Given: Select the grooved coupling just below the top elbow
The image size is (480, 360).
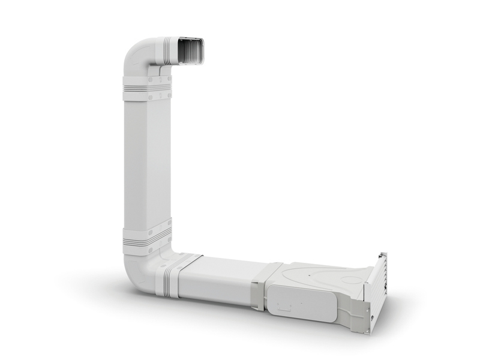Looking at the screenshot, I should [x=147, y=88].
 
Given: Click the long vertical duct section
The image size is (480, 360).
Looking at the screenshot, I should [x=147, y=162].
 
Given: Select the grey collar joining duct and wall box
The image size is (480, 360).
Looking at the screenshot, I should [x=264, y=285].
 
